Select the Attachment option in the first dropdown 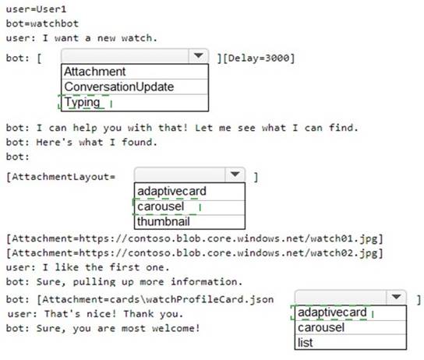(94, 72)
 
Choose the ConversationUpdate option (119, 86)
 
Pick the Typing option (82, 102)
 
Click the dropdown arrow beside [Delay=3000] (199, 55)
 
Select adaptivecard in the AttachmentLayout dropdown (171, 192)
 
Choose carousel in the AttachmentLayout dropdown (161, 206)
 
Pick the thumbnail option (164, 221)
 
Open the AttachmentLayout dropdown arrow (235, 175)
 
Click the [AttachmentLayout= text (61, 177)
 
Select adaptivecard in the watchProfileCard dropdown (332, 312)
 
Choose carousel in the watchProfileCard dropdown (321, 327)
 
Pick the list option (305, 343)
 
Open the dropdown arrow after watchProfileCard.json (396, 297)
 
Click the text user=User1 (36, 9)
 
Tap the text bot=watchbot (42, 23)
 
